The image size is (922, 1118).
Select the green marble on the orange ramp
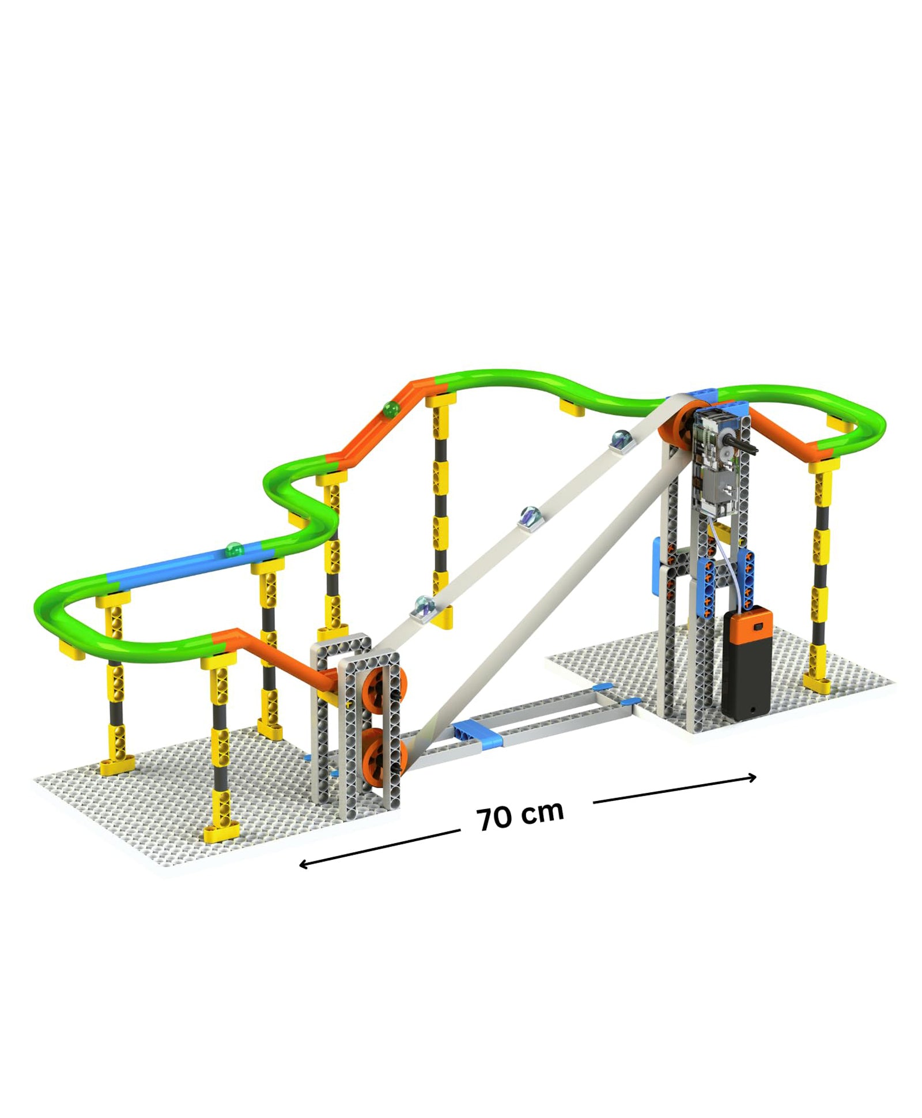391,409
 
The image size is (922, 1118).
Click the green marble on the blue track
234,549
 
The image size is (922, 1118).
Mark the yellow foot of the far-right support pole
817,684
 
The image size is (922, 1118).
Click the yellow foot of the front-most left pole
221,831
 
